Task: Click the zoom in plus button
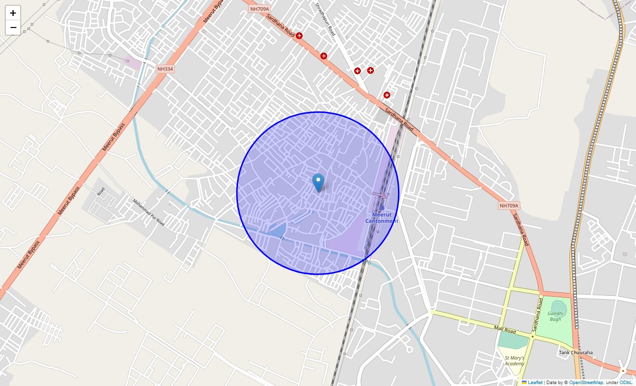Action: tap(13, 13)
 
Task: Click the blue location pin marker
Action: tap(318, 182)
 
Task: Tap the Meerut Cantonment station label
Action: tap(382, 218)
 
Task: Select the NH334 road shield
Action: tap(165, 69)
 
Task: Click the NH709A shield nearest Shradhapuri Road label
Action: tap(260, 9)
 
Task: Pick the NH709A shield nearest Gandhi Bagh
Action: tap(509, 206)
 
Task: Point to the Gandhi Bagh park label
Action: tap(555, 316)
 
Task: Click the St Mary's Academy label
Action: tap(514, 360)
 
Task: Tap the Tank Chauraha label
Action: tap(576, 352)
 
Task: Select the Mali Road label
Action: tap(505, 330)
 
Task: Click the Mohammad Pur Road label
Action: tap(148, 212)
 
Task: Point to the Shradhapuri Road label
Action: tap(325, 19)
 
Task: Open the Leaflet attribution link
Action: tap(535, 382)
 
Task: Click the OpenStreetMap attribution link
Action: tap(586, 382)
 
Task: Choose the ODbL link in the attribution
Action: tap(626, 382)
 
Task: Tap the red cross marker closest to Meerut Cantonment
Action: tap(386, 95)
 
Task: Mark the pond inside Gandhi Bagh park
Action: tap(558, 307)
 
